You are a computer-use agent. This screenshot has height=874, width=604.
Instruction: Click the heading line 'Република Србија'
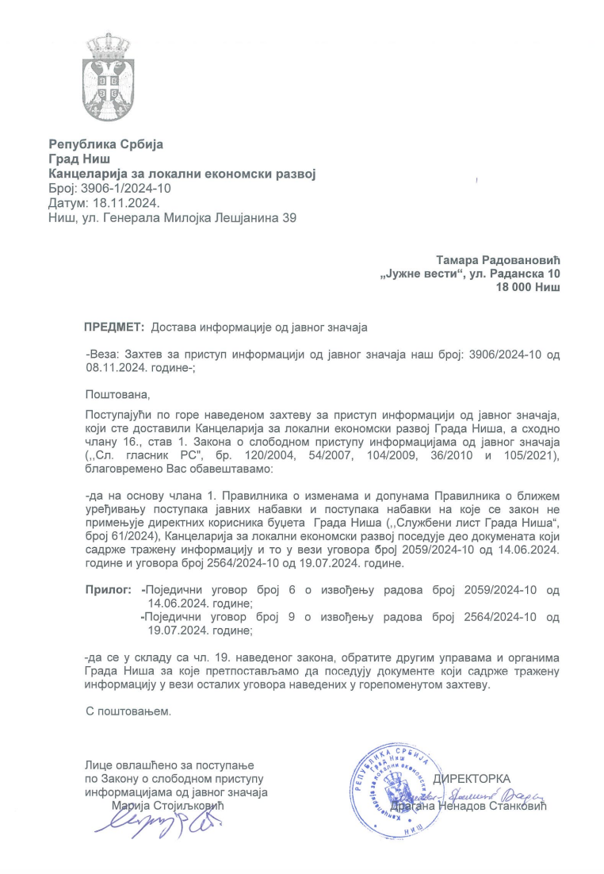[105, 144]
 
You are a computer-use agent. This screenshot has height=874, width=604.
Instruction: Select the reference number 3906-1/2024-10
[126, 188]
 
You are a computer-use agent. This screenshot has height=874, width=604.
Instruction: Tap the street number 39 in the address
[289, 217]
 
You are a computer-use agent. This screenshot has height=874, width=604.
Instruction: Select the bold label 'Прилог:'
[108, 591]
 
